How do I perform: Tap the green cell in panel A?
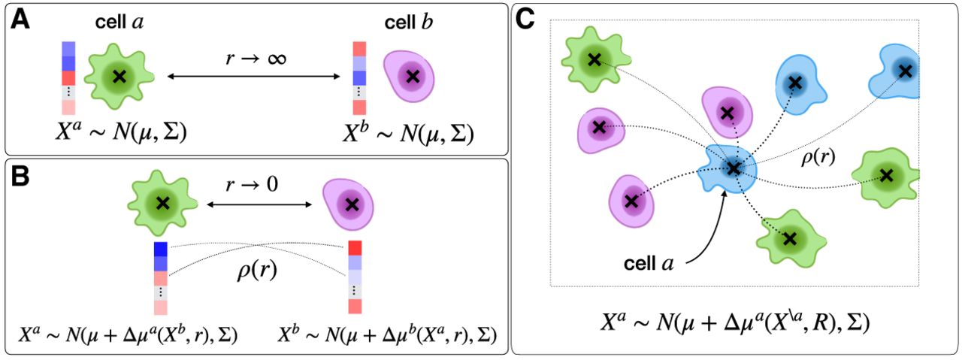pos(118,75)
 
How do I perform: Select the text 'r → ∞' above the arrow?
pos(253,56)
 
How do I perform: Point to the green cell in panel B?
pos(162,202)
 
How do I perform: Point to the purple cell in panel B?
pos(349,202)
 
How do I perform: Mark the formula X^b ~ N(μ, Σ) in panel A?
pos(410,135)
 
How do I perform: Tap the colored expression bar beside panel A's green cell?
pos(68,77)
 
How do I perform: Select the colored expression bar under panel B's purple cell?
pos(355,277)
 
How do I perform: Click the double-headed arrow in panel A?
pos(253,76)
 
